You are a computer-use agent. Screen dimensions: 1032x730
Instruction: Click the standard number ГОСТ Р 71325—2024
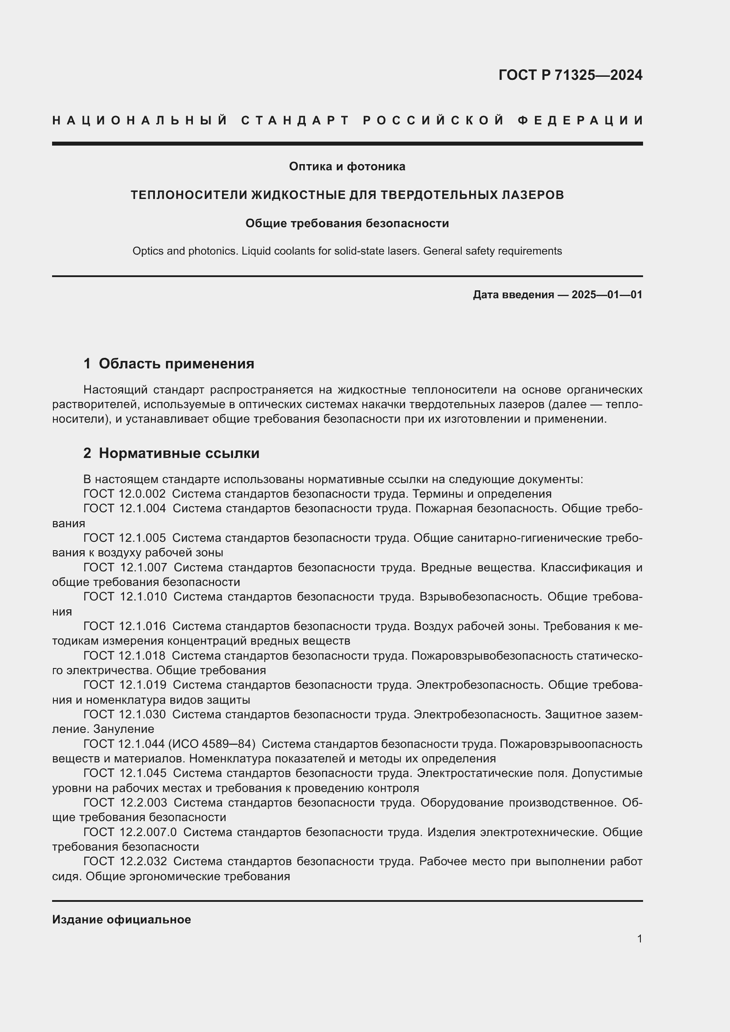(570, 75)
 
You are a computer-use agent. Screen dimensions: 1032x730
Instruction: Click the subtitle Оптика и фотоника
(346, 167)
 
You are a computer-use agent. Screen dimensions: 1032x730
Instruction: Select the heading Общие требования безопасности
(346, 223)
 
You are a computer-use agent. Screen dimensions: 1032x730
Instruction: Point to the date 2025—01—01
(606, 295)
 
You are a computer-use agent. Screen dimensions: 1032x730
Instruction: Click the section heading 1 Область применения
(169, 364)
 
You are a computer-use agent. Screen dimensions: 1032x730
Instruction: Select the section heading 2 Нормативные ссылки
(171, 453)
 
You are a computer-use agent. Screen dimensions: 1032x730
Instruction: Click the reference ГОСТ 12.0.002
(124, 494)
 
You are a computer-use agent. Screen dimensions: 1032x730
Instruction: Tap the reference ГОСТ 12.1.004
(124, 509)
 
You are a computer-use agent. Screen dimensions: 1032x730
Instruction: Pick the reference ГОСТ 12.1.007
(125, 568)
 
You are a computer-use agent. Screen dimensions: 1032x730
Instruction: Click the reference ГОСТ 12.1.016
(124, 626)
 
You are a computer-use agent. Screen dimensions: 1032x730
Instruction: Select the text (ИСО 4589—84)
(212, 744)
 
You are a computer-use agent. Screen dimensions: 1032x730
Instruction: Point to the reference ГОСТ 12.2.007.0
(130, 833)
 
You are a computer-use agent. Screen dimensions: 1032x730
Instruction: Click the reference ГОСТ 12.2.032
(125, 862)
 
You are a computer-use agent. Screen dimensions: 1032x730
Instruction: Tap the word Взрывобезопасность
(480, 597)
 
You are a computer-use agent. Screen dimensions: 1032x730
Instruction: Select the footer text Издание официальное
(121, 919)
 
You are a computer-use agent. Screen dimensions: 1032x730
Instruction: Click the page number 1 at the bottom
(639, 939)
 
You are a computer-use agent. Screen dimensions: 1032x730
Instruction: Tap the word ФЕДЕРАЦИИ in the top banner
(580, 120)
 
